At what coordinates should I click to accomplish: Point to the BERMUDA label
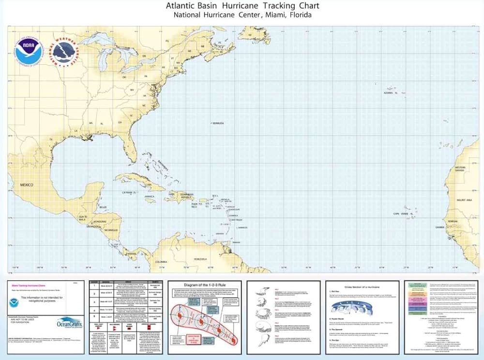(217, 123)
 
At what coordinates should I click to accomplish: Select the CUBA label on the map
(149, 185)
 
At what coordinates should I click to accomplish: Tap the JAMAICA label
(150, 196)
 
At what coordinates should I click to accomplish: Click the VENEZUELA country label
(203, 259)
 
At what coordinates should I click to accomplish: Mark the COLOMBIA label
(162, 262)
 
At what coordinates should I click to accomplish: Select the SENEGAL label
(453, 221)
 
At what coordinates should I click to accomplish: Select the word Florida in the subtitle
(297, 15)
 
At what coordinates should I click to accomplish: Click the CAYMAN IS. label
(130, 192)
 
